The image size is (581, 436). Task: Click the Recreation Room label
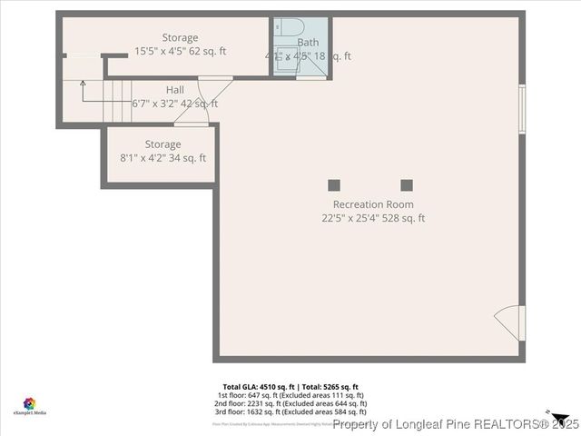372,204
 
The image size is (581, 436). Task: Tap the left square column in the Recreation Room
334,185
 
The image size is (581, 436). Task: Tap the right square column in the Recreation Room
407,185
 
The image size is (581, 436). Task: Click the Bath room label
308,43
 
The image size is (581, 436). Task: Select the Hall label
174,90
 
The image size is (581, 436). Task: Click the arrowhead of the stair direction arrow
83,83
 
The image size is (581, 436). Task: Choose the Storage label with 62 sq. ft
180,37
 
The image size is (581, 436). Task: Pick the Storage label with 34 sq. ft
162,144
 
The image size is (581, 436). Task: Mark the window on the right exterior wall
521,110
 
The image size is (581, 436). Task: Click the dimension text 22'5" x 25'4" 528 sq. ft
372,218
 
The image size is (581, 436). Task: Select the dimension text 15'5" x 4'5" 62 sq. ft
180,51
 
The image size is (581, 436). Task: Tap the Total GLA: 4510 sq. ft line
290,387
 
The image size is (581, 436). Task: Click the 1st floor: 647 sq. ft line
290,395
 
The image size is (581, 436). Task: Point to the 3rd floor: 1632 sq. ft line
290,411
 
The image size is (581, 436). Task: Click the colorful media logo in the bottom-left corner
30,402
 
